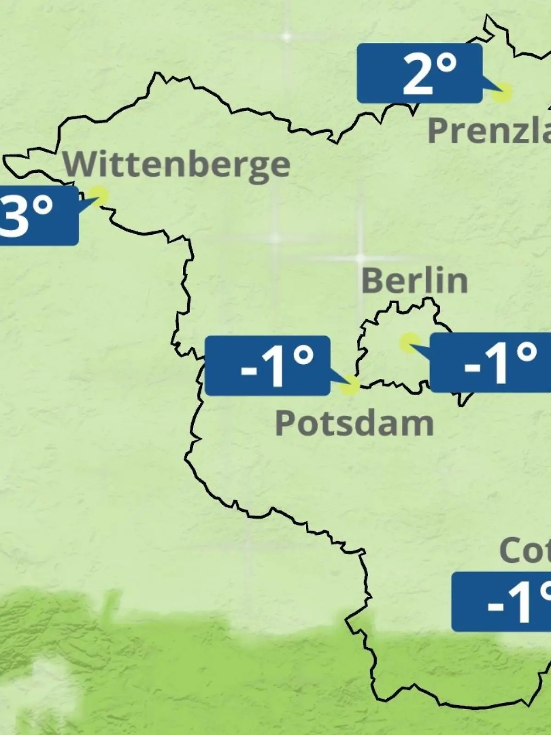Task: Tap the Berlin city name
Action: (414, 281)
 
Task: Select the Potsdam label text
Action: (354, 423)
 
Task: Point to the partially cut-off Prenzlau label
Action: (489, 130)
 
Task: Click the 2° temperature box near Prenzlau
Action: (420, 73)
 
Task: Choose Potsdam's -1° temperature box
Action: (267, 366)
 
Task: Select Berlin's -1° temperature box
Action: (490, 363)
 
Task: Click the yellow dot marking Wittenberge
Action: (99, 195)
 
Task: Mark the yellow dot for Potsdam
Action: (350, 385)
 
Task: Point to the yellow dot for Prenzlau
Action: (502, 92)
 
